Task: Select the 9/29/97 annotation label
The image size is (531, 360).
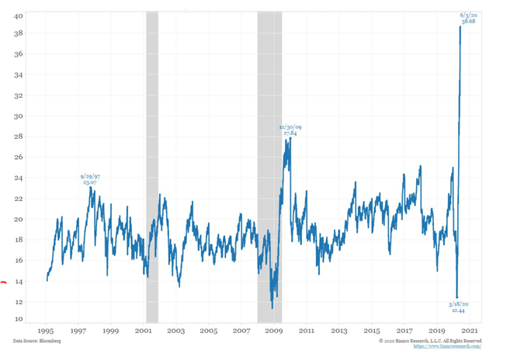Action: [90, 180]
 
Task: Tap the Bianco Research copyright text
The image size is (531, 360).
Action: [431, 341]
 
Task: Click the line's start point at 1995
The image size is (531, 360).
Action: [47, 279]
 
